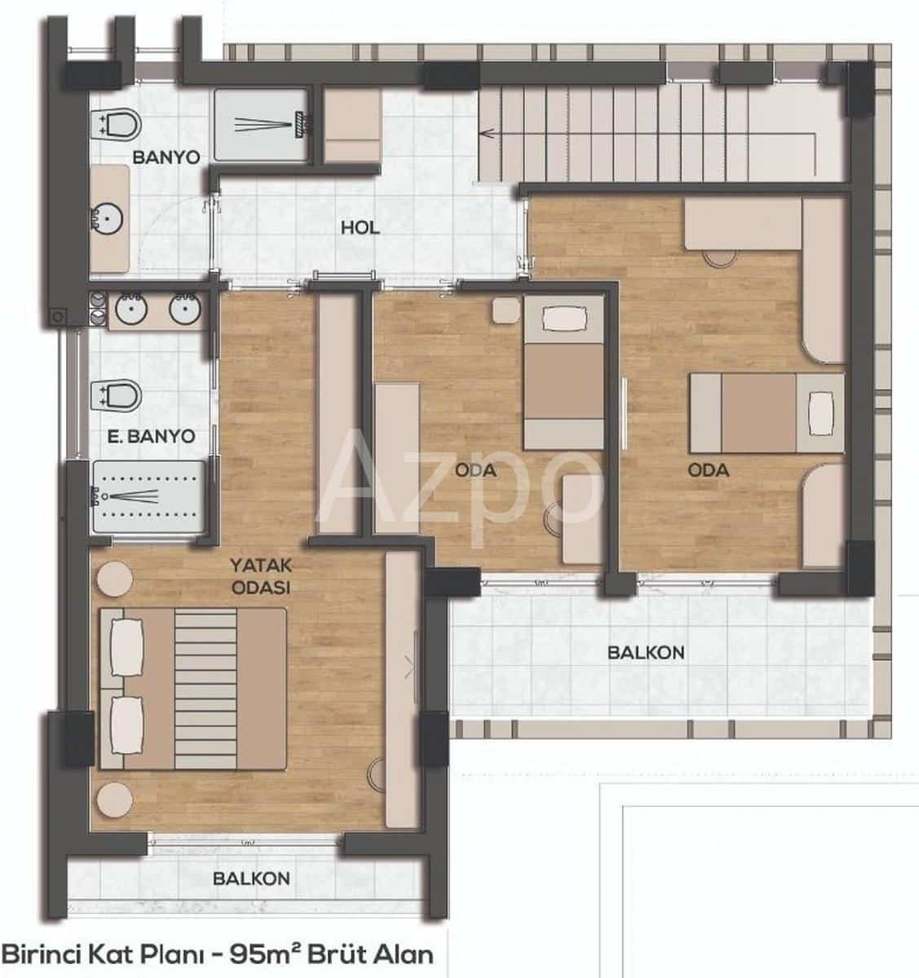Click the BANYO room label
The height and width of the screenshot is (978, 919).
[x=166, y=156]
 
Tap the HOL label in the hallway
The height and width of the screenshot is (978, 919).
[x=360, y=227]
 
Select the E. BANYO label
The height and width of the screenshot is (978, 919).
[x=151, y=436]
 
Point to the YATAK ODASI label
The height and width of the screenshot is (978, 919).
[x=261, y=575]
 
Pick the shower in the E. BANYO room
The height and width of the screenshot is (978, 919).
[x=147, y=496]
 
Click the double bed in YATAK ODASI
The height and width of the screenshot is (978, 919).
[x=192, y=689]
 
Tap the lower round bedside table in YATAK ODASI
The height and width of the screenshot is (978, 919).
[x=113, y=799]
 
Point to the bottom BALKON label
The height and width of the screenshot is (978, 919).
[x=251, y=879]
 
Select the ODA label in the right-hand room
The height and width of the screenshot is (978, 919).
[x=708, y=470]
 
